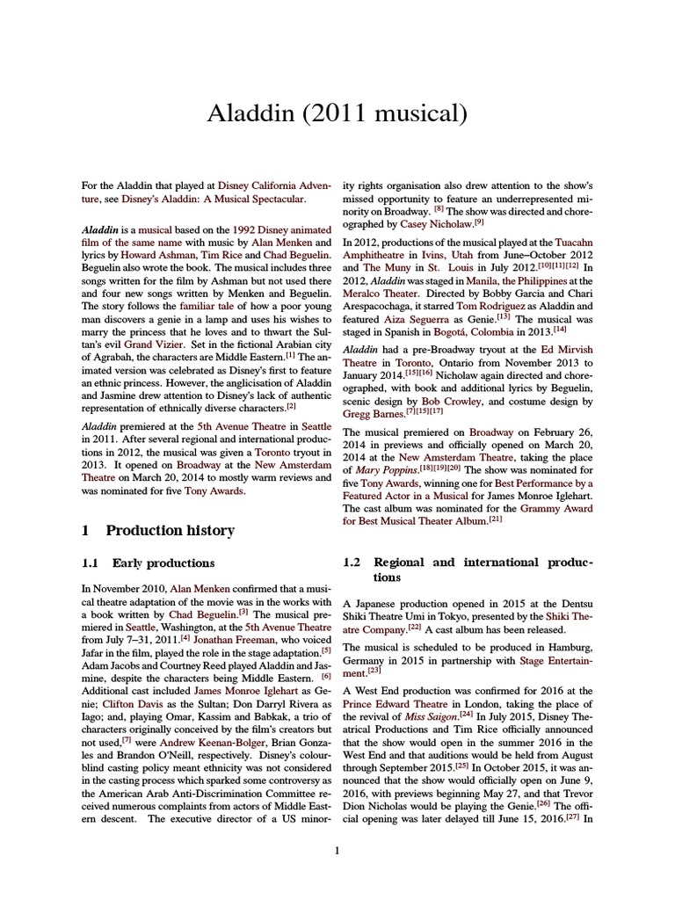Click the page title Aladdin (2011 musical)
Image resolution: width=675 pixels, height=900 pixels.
(x=337, y=113)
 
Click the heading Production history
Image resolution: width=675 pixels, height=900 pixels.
(x=170, y=530)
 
